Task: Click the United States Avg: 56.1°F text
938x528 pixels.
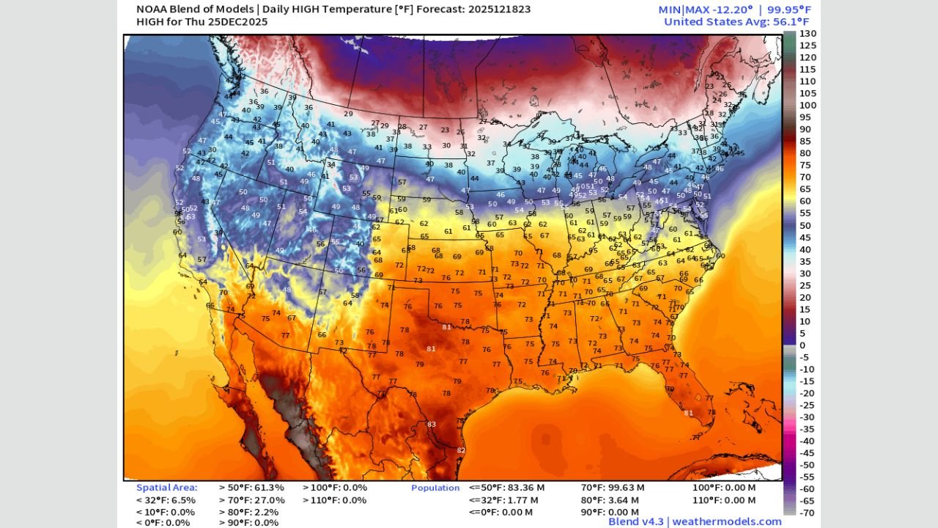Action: (x=737, y=22)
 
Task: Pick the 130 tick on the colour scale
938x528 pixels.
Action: (x=807, y=34)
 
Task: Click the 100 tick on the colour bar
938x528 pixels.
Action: (x=807, y=106)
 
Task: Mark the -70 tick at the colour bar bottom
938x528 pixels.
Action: (x=807, y=513)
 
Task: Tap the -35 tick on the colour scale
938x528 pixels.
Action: (x=807, y=429)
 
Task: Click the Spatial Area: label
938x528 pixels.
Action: (x=166, y=488)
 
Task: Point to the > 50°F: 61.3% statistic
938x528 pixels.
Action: (x=251, y=488)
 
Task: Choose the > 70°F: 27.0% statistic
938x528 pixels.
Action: (x=251, y=499)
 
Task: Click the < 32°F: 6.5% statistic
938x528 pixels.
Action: (x=166, y=499)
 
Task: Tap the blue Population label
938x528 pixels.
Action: (x=435, y=488)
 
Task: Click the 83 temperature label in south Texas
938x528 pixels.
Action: (x=432, y=425)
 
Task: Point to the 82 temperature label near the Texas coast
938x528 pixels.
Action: (x=461, y=450)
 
